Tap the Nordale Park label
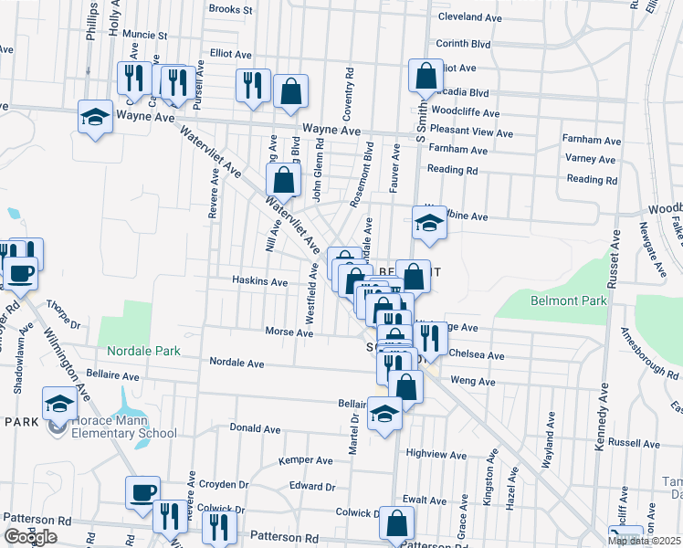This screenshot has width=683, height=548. [x=144, y=351]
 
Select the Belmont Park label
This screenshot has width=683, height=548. [x=569, y=300]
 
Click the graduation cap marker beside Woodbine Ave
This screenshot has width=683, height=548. [x=428, y=222]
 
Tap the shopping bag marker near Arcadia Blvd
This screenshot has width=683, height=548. [x=426, y=78]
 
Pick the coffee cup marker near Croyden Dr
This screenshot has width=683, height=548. [x=143, y=493]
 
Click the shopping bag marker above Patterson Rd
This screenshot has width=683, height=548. [x=396, y=523]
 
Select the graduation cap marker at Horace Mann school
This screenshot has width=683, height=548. [x=60, y=403]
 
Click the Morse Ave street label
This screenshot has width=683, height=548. [x=289, y=332]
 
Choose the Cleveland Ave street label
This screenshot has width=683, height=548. [x=469, y=17]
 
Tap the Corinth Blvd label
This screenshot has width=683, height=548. [x=463, y=43]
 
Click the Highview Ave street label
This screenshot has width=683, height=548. [x=436, y=453]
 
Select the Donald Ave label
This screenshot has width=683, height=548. [x=255, y=427]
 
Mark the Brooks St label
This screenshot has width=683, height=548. [x=230, y=9]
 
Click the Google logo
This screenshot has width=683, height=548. [x=30, y=537]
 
